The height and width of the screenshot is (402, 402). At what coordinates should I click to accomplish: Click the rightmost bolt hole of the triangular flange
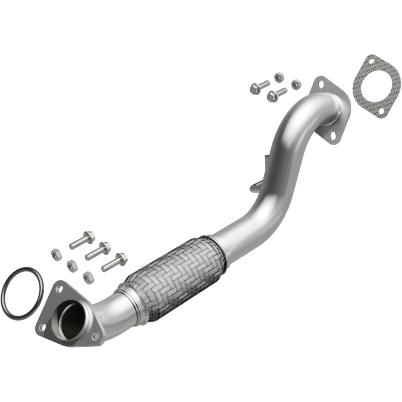click(95, 336)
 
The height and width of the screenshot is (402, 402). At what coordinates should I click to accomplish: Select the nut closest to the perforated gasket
click(296, 84)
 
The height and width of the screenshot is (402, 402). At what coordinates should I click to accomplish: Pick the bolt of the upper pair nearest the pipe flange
click(276, 94)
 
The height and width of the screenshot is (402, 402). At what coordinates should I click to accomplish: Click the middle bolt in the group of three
click(97, 250)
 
